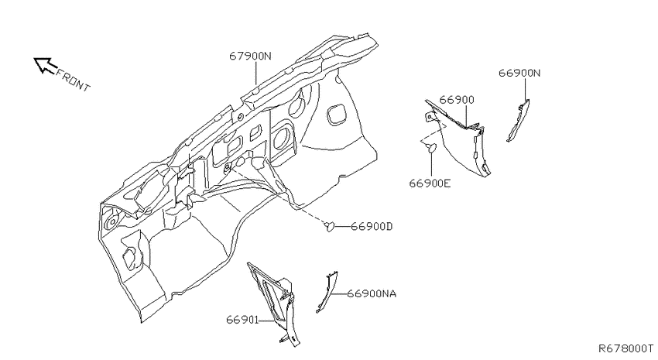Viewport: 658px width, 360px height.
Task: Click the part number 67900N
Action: click(251, 56)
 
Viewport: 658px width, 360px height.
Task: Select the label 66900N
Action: click(519, 73)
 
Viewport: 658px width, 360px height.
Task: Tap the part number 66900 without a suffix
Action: click(457, 100)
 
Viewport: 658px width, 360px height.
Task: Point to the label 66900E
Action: click(430, 183)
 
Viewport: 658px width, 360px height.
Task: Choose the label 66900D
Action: click(372, 227)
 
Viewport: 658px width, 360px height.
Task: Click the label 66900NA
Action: click(372, 293)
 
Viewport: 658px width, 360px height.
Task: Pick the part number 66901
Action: click(242, 320)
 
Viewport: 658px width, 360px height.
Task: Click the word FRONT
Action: click(73, 81)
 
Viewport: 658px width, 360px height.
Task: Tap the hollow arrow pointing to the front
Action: click(46, 65)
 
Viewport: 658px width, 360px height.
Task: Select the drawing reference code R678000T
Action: click(625, 348)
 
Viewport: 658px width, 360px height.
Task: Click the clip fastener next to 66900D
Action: click(331, 227)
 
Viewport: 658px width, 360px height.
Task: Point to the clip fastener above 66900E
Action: click(431, 147)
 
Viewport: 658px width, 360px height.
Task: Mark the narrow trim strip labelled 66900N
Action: click(519, 121)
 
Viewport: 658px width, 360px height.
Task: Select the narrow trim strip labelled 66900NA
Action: click(327, 292)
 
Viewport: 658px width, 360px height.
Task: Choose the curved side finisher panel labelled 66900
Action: click(460, 136)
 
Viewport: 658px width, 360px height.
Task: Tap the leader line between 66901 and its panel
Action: click(267, 321)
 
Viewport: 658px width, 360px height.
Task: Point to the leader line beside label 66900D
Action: click(343, 227)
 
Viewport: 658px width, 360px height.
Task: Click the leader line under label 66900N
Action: click(525, 90)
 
